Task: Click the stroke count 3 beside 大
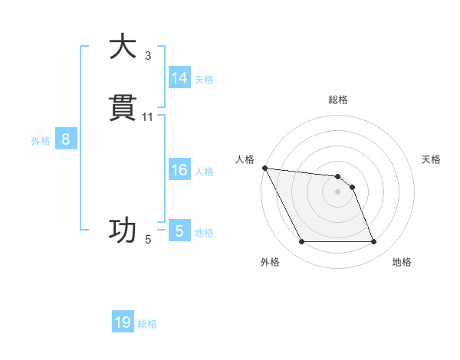tap(148, 56)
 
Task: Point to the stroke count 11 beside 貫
tap(148, 117)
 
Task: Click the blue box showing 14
tap(179, 78)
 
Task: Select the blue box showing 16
tap(179, 170)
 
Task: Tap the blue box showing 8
tap(66, 139)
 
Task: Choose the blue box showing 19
tap(123, 322)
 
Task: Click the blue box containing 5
tap(179, 231)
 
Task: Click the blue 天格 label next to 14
tap(204, 80)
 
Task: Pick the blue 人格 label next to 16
tap(204, 172)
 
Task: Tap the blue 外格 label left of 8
tap(41, 141)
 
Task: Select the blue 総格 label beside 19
tap(147, 324)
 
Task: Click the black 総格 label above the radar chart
tap(338, 100)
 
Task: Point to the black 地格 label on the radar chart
tap(402, 263)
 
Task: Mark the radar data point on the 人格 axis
tap(264, 168)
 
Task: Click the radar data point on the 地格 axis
tap(373, 242)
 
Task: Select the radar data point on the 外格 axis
tap(302, 242)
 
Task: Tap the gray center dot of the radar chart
tap(338, 191)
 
